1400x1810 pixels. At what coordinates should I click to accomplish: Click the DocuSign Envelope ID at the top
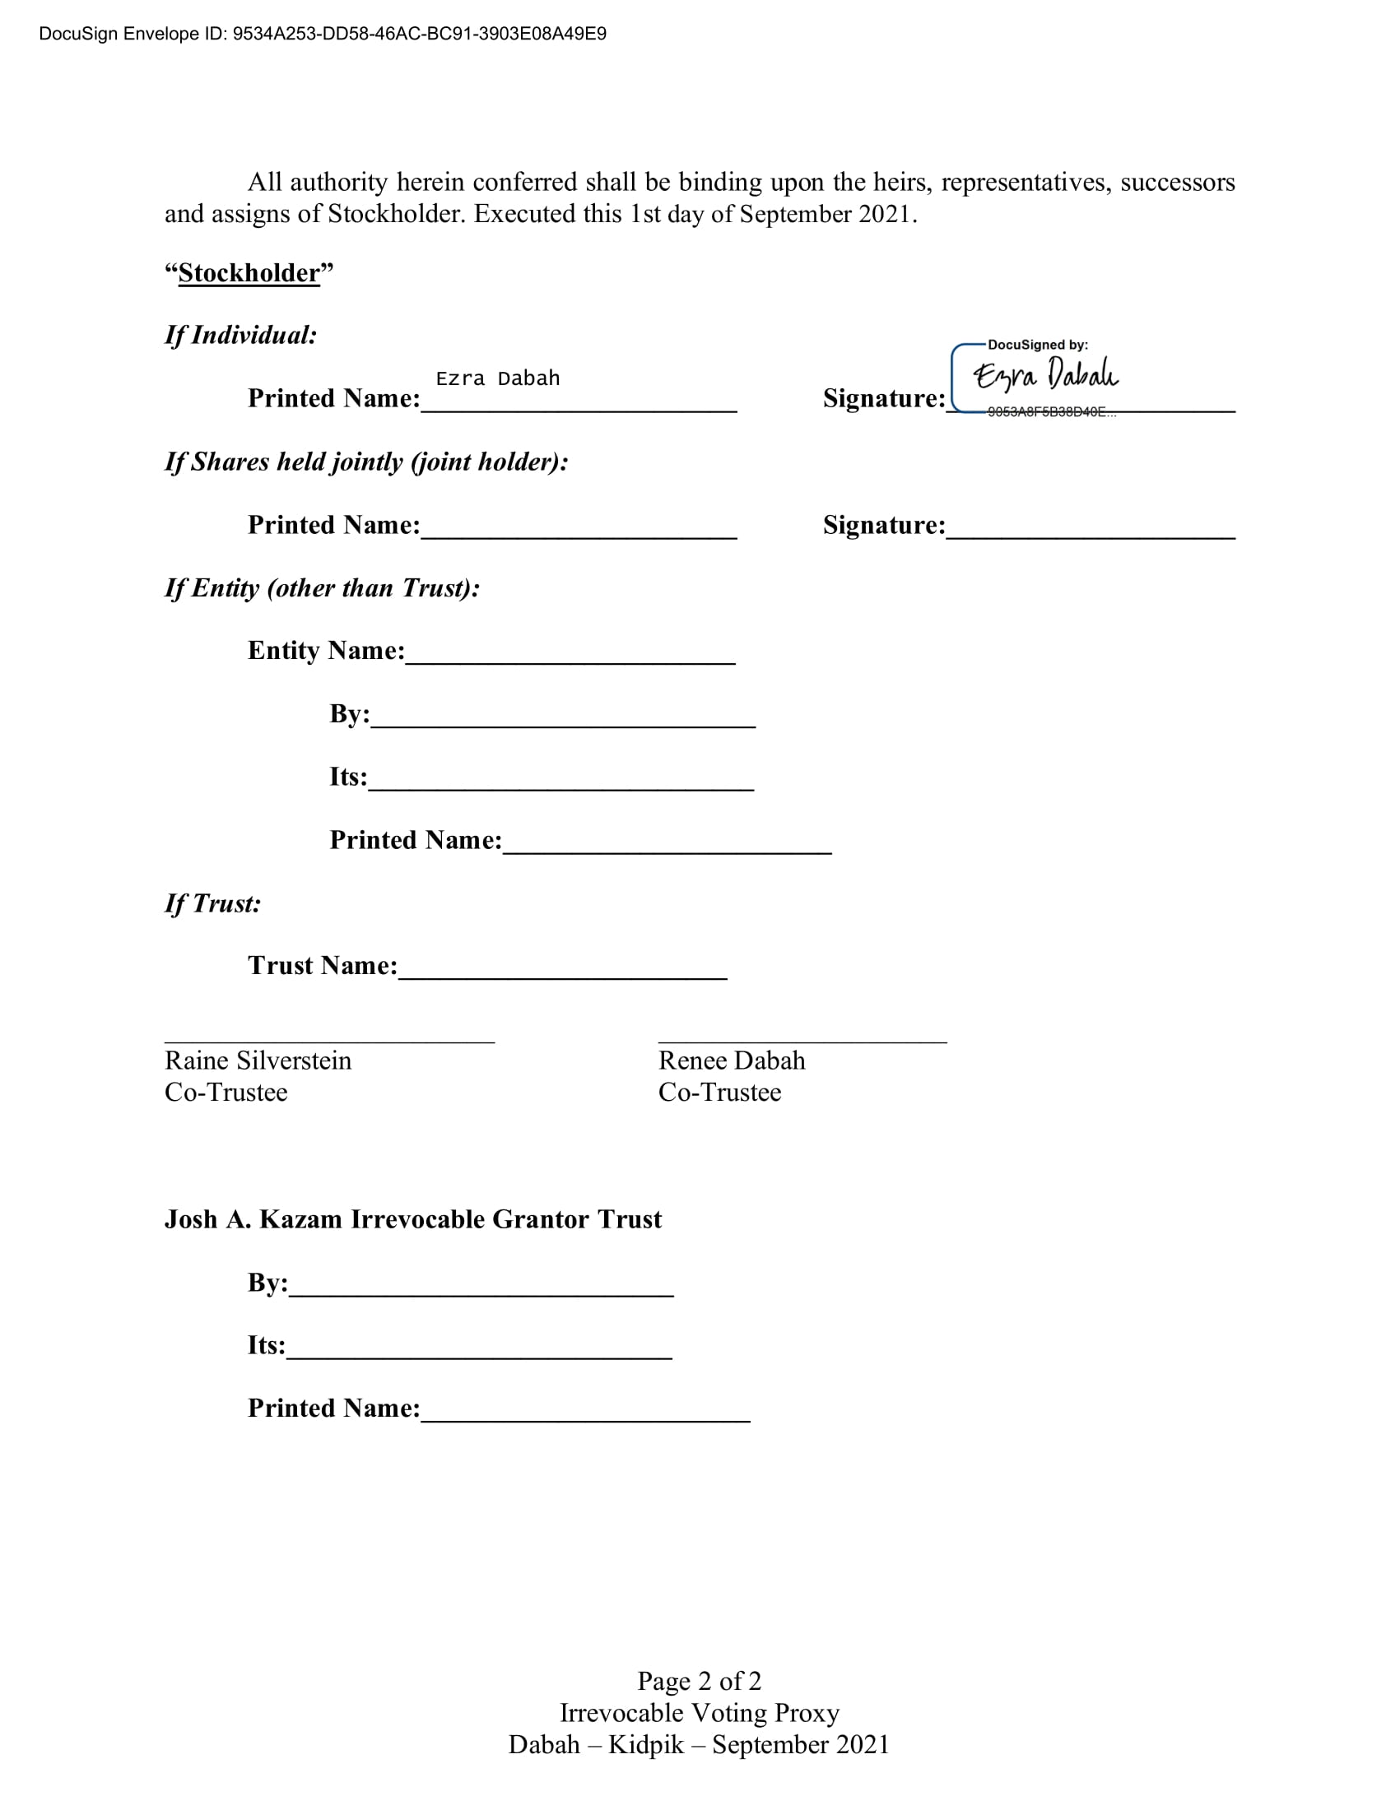[323, 34]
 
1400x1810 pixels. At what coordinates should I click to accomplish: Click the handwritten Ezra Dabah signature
[1045, 374]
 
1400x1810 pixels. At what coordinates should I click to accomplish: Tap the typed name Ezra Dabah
[497, 378]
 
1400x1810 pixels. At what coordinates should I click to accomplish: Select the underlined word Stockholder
[249, 272]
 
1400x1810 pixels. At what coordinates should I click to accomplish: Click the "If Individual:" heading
[240, 335]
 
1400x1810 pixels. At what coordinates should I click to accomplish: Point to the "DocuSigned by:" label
[1037, 345]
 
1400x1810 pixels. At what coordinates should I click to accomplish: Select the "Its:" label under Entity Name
[348, 777]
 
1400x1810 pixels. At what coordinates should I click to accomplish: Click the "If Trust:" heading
[212, 903]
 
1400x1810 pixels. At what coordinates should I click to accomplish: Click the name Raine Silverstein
[258, 1060]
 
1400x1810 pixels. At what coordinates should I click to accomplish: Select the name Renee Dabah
[731, 1060]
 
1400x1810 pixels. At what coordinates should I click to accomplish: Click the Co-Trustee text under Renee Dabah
[719, 1093]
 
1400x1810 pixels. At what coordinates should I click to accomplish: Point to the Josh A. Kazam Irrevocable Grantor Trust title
[413, 1219]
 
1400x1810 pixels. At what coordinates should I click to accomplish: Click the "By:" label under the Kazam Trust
[267, 1283]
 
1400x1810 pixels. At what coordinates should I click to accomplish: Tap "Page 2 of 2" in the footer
[699, 1681]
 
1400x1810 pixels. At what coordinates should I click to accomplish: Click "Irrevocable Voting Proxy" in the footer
[699, 1712]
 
